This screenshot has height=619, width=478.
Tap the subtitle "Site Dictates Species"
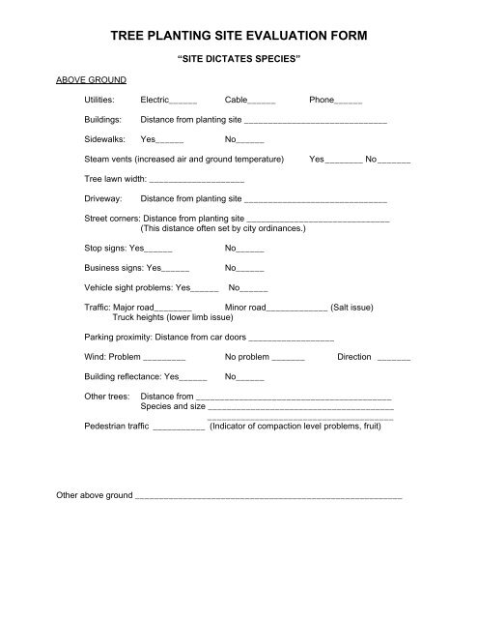239,59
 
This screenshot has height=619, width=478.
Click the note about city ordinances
223,229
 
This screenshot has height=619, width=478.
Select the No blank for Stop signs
250,249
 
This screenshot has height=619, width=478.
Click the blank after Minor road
296,309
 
